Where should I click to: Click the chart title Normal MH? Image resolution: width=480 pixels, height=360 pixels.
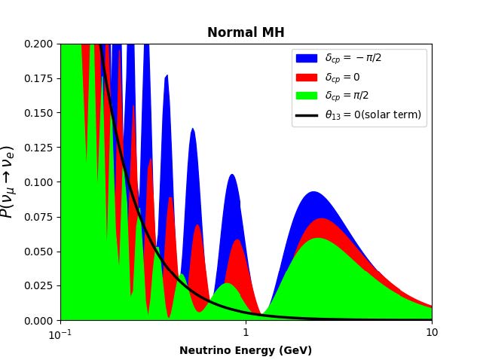(246, 32)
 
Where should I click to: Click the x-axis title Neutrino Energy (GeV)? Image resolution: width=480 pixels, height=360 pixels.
(246, 350)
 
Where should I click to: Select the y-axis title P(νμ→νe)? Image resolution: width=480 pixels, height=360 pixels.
(8, 182)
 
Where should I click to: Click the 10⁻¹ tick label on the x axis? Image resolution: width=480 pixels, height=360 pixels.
(60, 334)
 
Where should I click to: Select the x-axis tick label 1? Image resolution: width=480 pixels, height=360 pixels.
(246, 334)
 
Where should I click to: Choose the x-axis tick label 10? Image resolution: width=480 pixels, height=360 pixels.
(431, 334)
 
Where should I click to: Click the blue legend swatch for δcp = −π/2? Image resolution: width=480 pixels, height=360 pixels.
(306, 58)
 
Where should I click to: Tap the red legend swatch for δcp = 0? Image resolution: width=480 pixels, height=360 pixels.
(306, 77)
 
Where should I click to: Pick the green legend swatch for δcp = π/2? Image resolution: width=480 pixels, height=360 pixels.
(306, 96)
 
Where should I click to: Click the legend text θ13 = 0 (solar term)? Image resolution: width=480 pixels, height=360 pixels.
(373, 115)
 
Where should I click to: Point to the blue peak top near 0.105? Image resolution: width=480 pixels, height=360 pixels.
(232, 175)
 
